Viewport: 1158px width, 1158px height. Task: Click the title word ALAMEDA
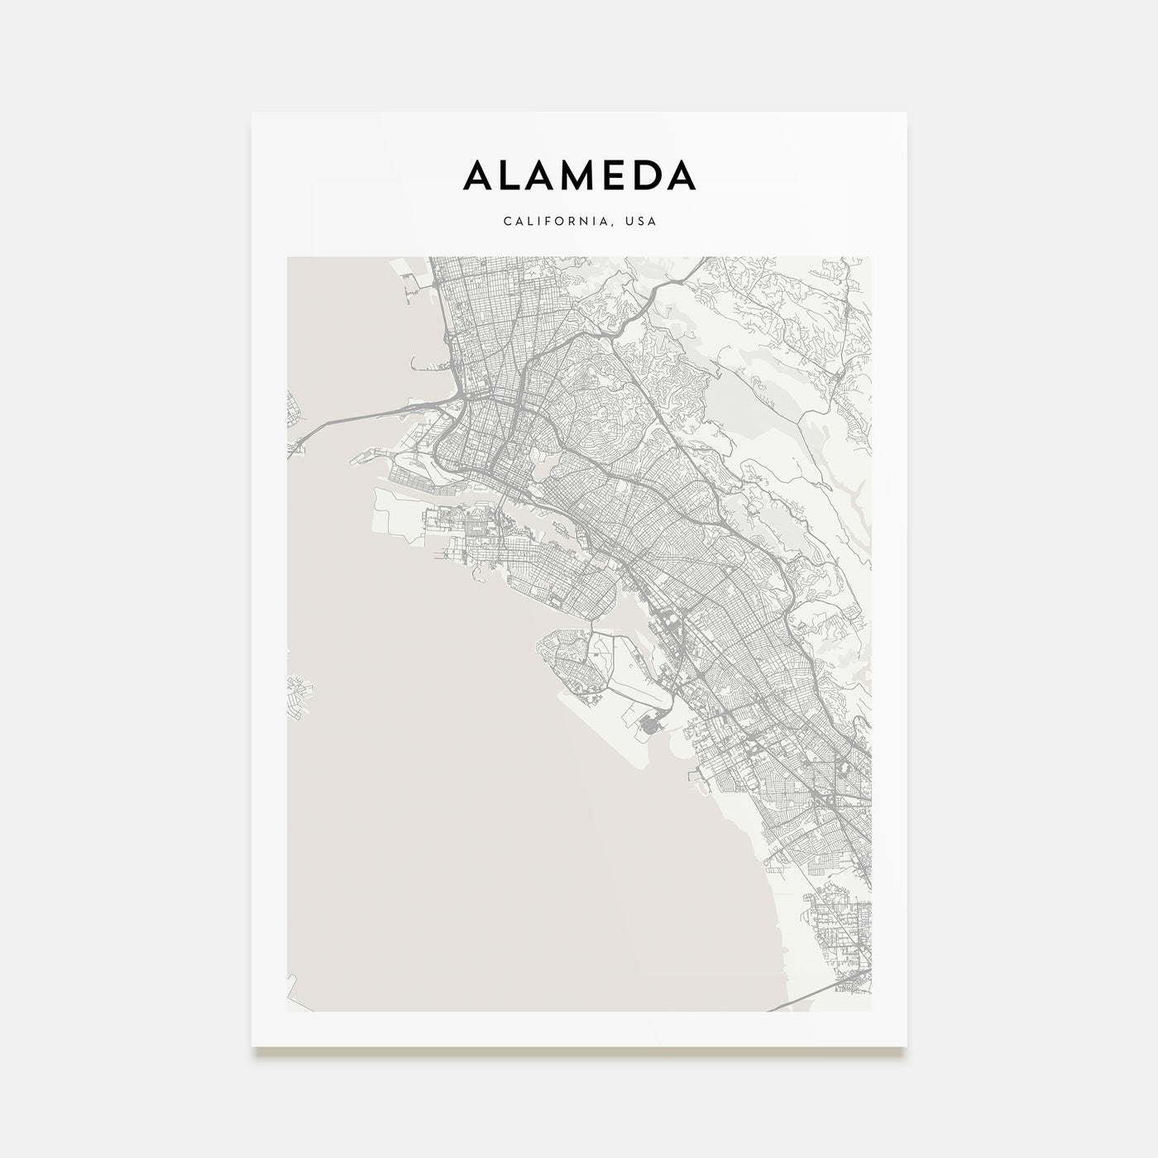(x=579, y=175)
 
